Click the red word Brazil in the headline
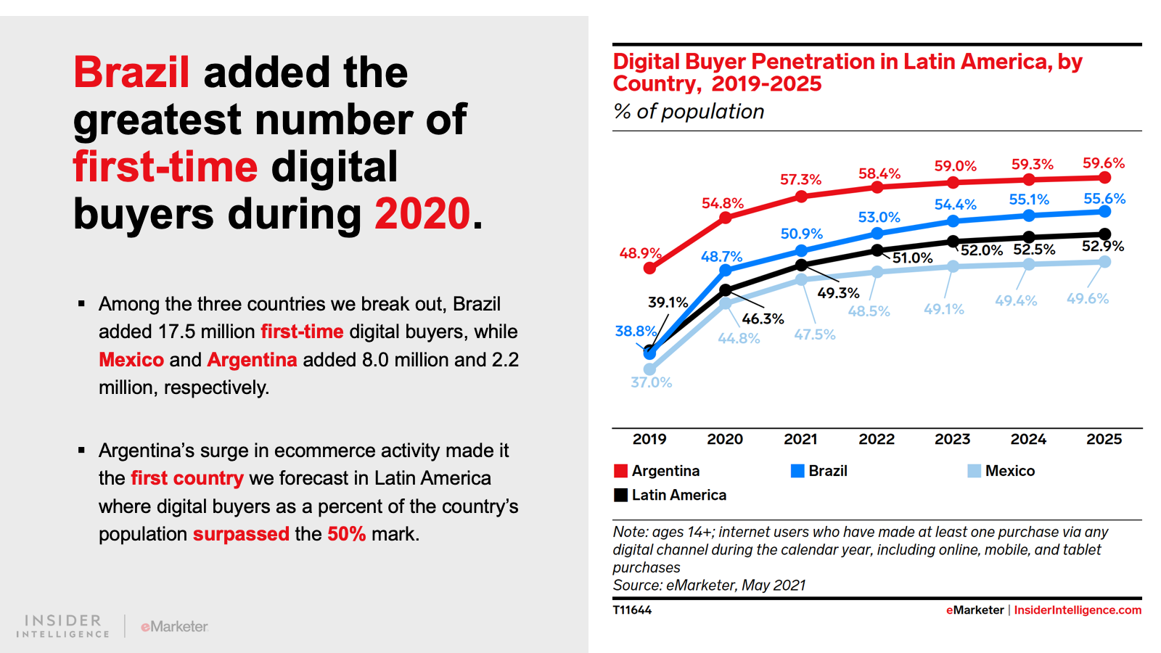tap(131, 73)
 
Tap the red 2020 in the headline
tap(422, 214)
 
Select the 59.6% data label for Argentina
tap(1104, 163)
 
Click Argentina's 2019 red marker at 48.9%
tap(649, 268)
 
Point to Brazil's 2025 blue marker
tap(1104, 211)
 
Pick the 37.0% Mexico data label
tap(651, 382)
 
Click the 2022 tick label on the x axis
tap(877, 439)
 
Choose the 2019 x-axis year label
tap(649, 439)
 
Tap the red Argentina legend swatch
tap(620, 471)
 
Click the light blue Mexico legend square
tap(974, 471)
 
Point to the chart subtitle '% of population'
tap(689, 112)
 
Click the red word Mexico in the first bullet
tap(131, 360)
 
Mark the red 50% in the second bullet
tap(346, 534)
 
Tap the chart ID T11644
tap(632, 610)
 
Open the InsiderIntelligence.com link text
tap(1078, 610)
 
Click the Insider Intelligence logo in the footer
tap(63, 626)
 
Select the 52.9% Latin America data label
tap(1102, 247)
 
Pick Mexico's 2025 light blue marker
tap(1104, 262)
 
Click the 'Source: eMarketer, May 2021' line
tap(709, 586)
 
